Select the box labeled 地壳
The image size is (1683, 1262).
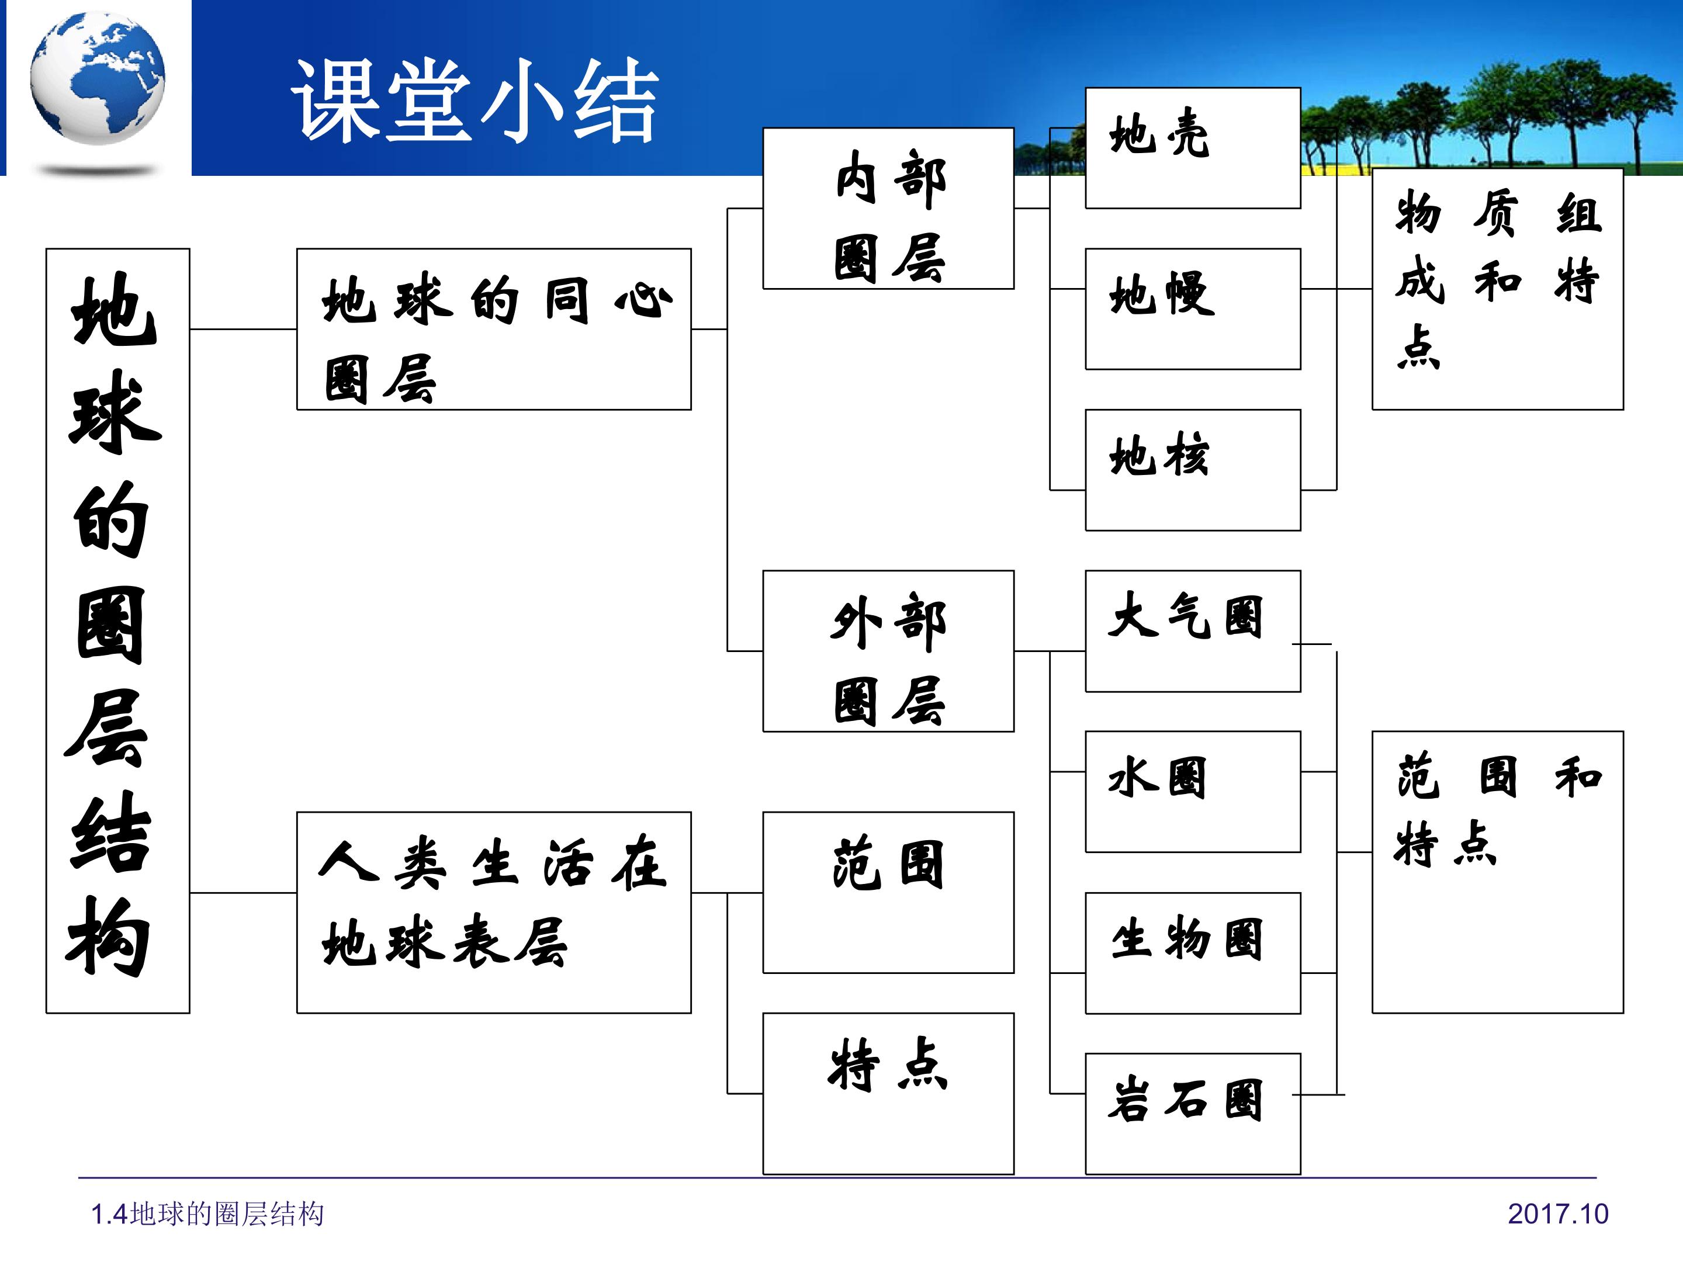pos(1192,148)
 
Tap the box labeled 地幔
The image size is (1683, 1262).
pos(1192,309)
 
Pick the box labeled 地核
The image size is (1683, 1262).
pos(1192,470)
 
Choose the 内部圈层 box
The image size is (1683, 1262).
pos(888,209)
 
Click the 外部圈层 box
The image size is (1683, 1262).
pos(888,651)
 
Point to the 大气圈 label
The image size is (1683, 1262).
pos(1185,616)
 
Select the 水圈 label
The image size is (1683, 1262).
pos(1157,778)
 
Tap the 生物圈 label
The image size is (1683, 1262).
pos(1186,939)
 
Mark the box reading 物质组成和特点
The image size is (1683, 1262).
pos(1497,289)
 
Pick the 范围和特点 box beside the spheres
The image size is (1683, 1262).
pos(1497,872)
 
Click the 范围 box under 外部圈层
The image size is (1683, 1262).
pos(888,892)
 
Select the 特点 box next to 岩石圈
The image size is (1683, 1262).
pos(888,1093)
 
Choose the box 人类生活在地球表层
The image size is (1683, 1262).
pos(494,912)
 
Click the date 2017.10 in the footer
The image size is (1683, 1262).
pos(1558,1214)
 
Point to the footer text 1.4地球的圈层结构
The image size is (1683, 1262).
pos(207,1214)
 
